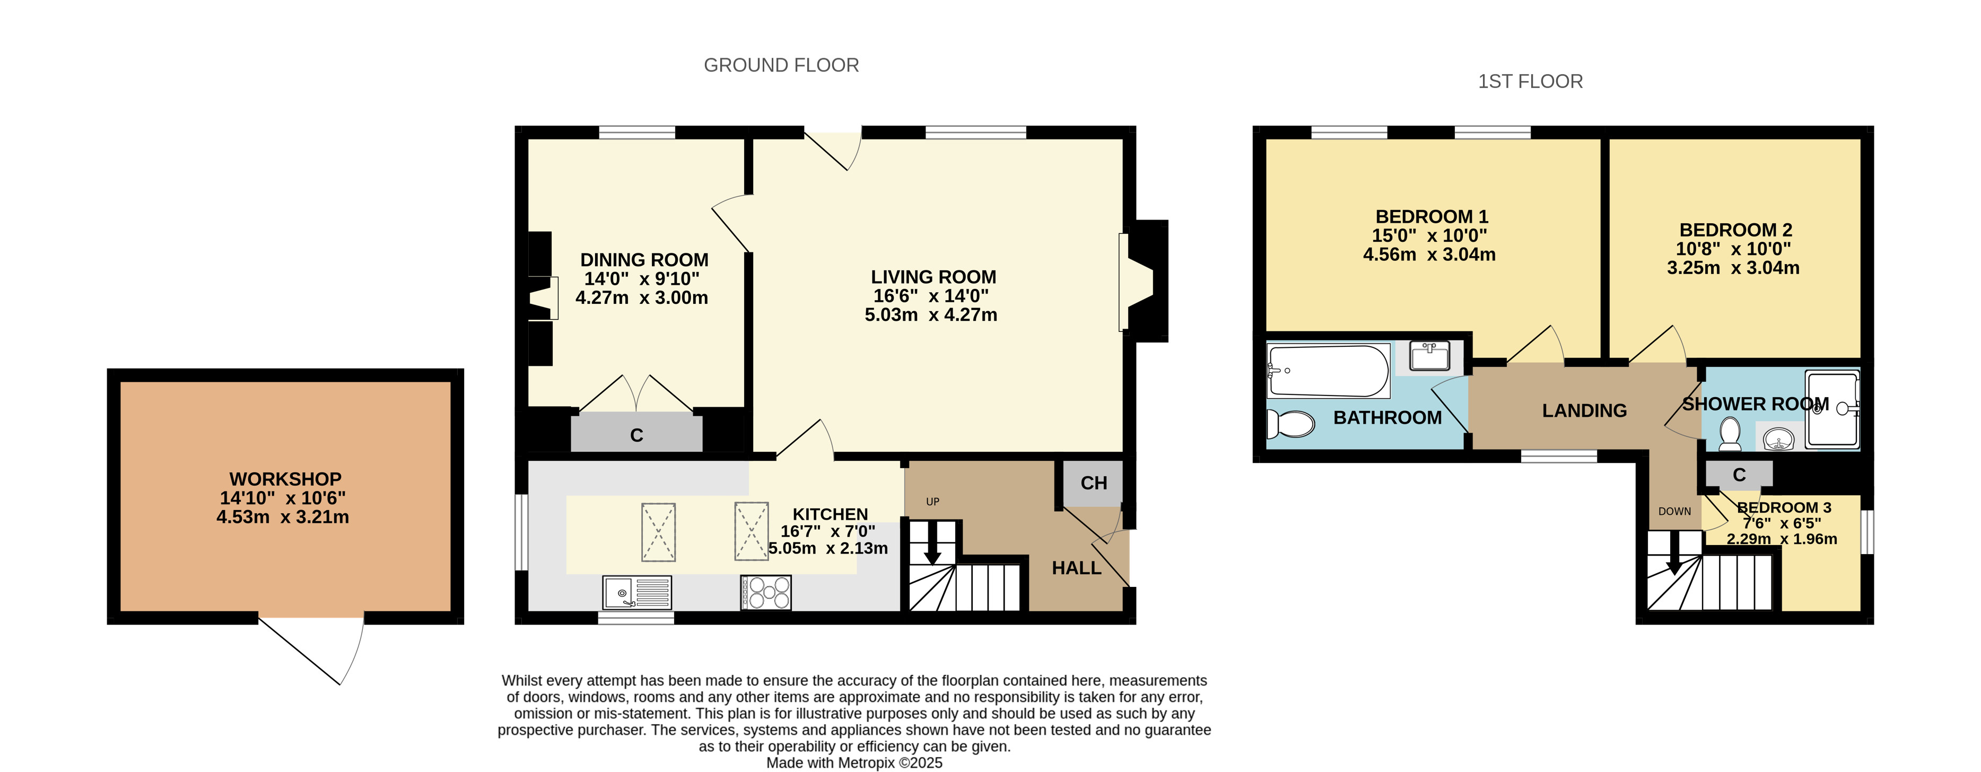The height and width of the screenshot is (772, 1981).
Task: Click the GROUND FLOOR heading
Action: tap(781, 65)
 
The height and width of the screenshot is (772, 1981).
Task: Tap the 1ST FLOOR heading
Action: tap(1530, 82)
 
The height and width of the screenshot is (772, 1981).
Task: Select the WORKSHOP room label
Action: tap(285, 479)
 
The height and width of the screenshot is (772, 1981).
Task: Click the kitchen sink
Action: tap(637, 593)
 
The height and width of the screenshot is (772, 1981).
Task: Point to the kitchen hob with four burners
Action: tap(766, 593)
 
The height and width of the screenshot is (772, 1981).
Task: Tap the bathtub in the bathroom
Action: tap(1329, 371)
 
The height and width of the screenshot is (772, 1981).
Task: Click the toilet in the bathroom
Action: tap(1291, 424)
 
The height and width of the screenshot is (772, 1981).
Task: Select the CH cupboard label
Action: tap(1094, 483)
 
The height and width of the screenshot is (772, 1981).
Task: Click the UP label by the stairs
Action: tap(933, 502)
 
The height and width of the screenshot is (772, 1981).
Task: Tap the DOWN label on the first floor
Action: tap(1674, 511)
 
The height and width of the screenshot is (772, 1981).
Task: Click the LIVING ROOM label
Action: tap(933, 277)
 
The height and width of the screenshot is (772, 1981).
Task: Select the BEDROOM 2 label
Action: tap(1735, 230)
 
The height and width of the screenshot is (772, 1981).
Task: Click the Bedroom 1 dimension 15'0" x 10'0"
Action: tap(1429, 235)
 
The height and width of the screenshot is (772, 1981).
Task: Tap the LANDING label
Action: tap(1584, 410)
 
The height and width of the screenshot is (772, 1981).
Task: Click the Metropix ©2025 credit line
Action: tap(853, 763)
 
